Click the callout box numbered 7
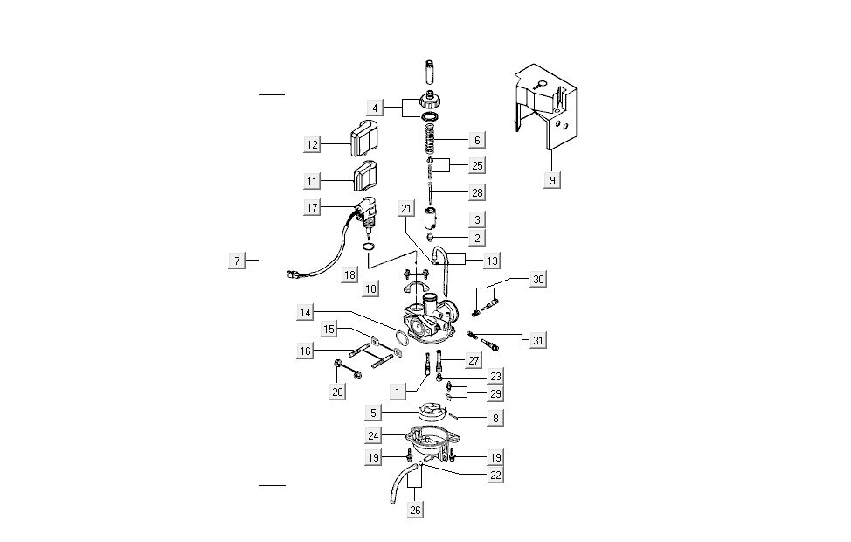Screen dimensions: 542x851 click(x=236, y=261)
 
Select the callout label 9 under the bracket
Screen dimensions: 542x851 click(x=552, y=180)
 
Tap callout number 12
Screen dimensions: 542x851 click(x=313, y=143)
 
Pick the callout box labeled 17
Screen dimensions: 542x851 click(x=313, y=207)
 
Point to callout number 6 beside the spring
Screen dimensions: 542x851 click(x=476, y=140)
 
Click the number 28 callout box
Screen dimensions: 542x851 click(x=476, y=191)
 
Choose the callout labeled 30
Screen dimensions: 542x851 click(x=538, y=279)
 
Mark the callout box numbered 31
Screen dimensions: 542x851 click(x=538, y=338)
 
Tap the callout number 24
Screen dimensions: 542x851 click(x=373, y=434)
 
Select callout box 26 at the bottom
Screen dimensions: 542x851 click(x=415, y=510)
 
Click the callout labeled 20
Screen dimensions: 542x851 click(x=337, y=393)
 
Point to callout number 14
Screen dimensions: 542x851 click(x=305, y=312)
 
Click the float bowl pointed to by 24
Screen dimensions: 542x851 click(x=428, y=441)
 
